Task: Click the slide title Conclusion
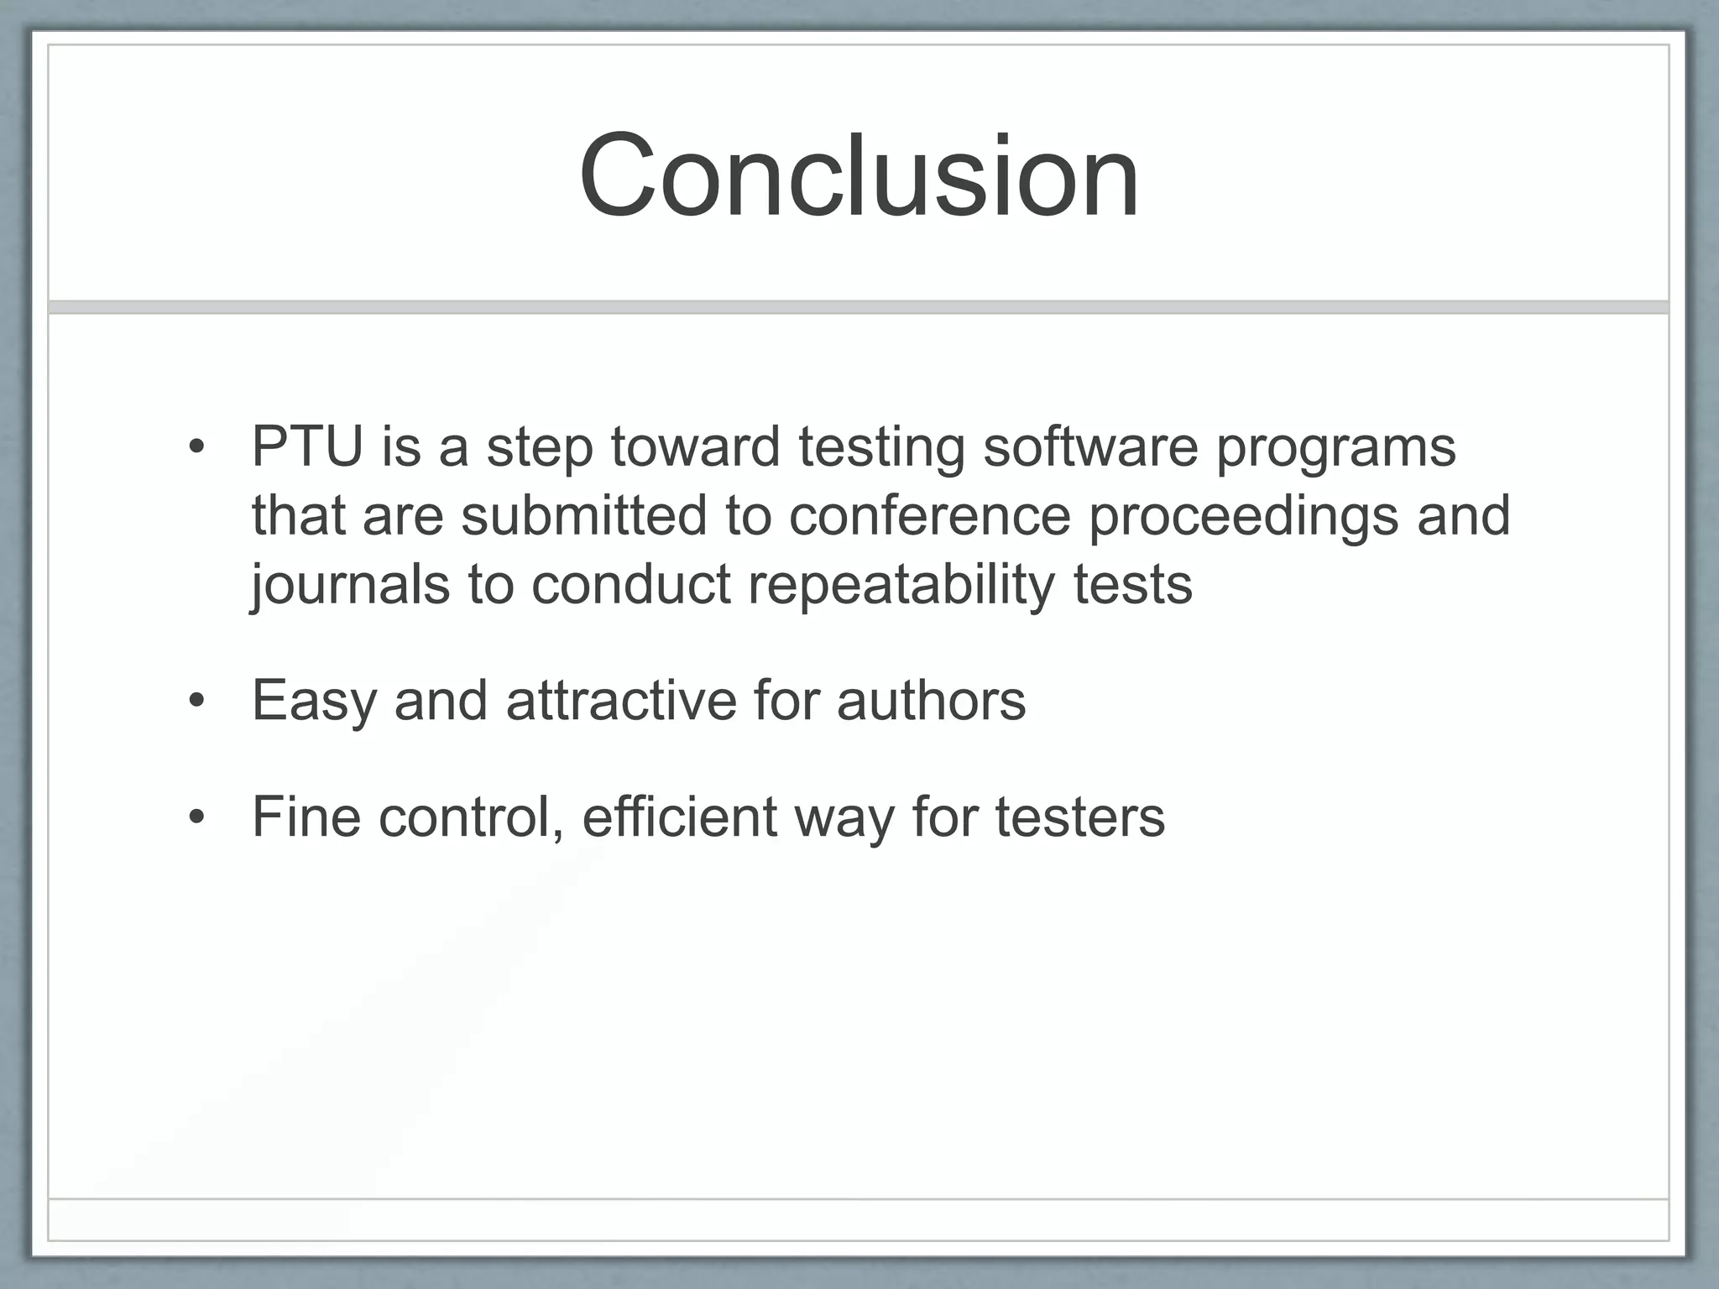point(859,175)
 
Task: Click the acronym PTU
point(307,446)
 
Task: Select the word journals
point(350,585)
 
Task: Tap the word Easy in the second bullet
point(314,702)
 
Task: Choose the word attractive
point(620,700)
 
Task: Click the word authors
point(931,700)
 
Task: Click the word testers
point(1080,817)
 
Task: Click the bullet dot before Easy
point(196,702)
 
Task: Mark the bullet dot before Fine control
point(196,817)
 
